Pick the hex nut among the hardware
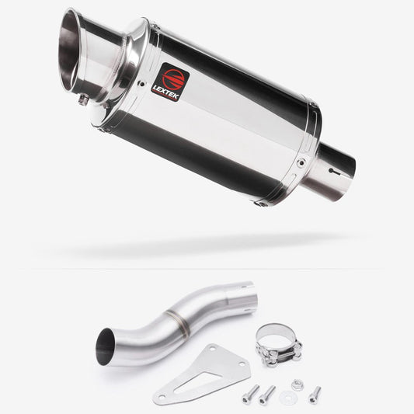297,385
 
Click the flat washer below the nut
287,399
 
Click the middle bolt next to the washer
268,395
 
